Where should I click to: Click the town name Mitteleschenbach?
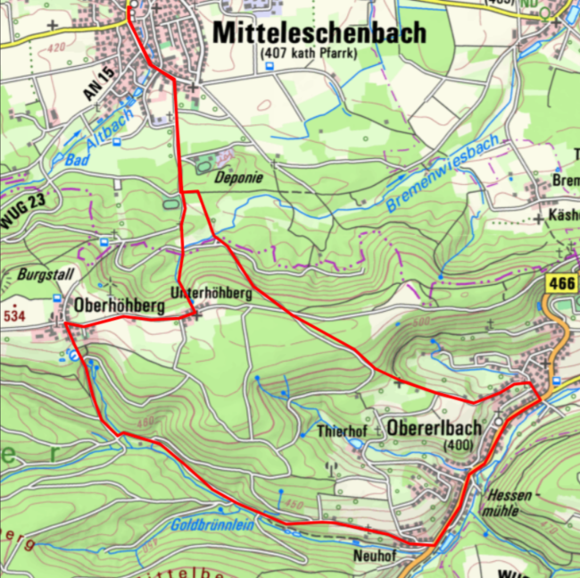(319, 33)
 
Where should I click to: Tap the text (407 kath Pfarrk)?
(308, 55)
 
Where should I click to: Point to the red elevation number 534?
(14, 315)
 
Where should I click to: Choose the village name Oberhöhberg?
(121, 306)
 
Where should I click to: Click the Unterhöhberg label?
(211, 292)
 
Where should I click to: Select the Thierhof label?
(343, 431)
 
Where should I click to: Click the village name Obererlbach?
(434, 428)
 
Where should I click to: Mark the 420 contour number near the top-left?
(55, 47)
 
